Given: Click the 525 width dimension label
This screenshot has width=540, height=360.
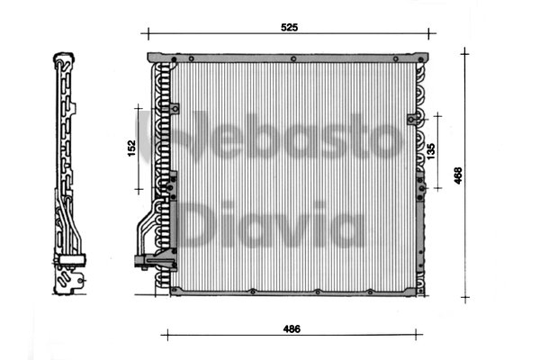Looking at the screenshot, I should coord(288,27).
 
